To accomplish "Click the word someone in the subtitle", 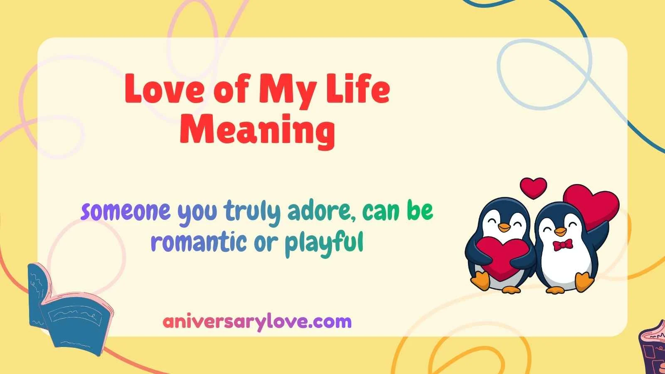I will point(126,211).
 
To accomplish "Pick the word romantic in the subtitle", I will point(198,242).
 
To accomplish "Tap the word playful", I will point(324,243).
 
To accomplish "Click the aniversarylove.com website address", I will point(257,322).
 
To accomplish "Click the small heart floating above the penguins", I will point(533,187).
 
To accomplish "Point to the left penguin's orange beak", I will point(504,227).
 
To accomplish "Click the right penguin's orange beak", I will point(561,231).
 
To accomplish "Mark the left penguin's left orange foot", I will point(482,281).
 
